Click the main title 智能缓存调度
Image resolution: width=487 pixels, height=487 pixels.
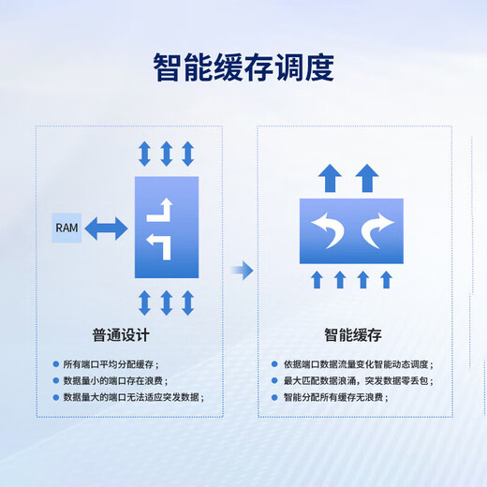pos(243,67)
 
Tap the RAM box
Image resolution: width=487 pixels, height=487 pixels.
pos(66,228)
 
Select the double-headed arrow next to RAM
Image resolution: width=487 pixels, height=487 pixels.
pos(106,229)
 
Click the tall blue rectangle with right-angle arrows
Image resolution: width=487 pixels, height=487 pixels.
pos(167,228)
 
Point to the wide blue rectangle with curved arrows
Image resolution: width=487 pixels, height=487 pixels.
pos(351,231)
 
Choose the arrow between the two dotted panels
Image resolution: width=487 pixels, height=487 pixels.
pos(243,271)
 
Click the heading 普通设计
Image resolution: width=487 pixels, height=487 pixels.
pos(121,335)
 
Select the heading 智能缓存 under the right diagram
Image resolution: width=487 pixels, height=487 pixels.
pos(353,335)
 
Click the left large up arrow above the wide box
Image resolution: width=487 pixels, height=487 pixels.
pos(330,178)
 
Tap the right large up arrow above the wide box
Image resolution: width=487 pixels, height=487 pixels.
pos(367,178)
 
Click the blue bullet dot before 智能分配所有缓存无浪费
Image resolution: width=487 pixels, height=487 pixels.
pos(274,397)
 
